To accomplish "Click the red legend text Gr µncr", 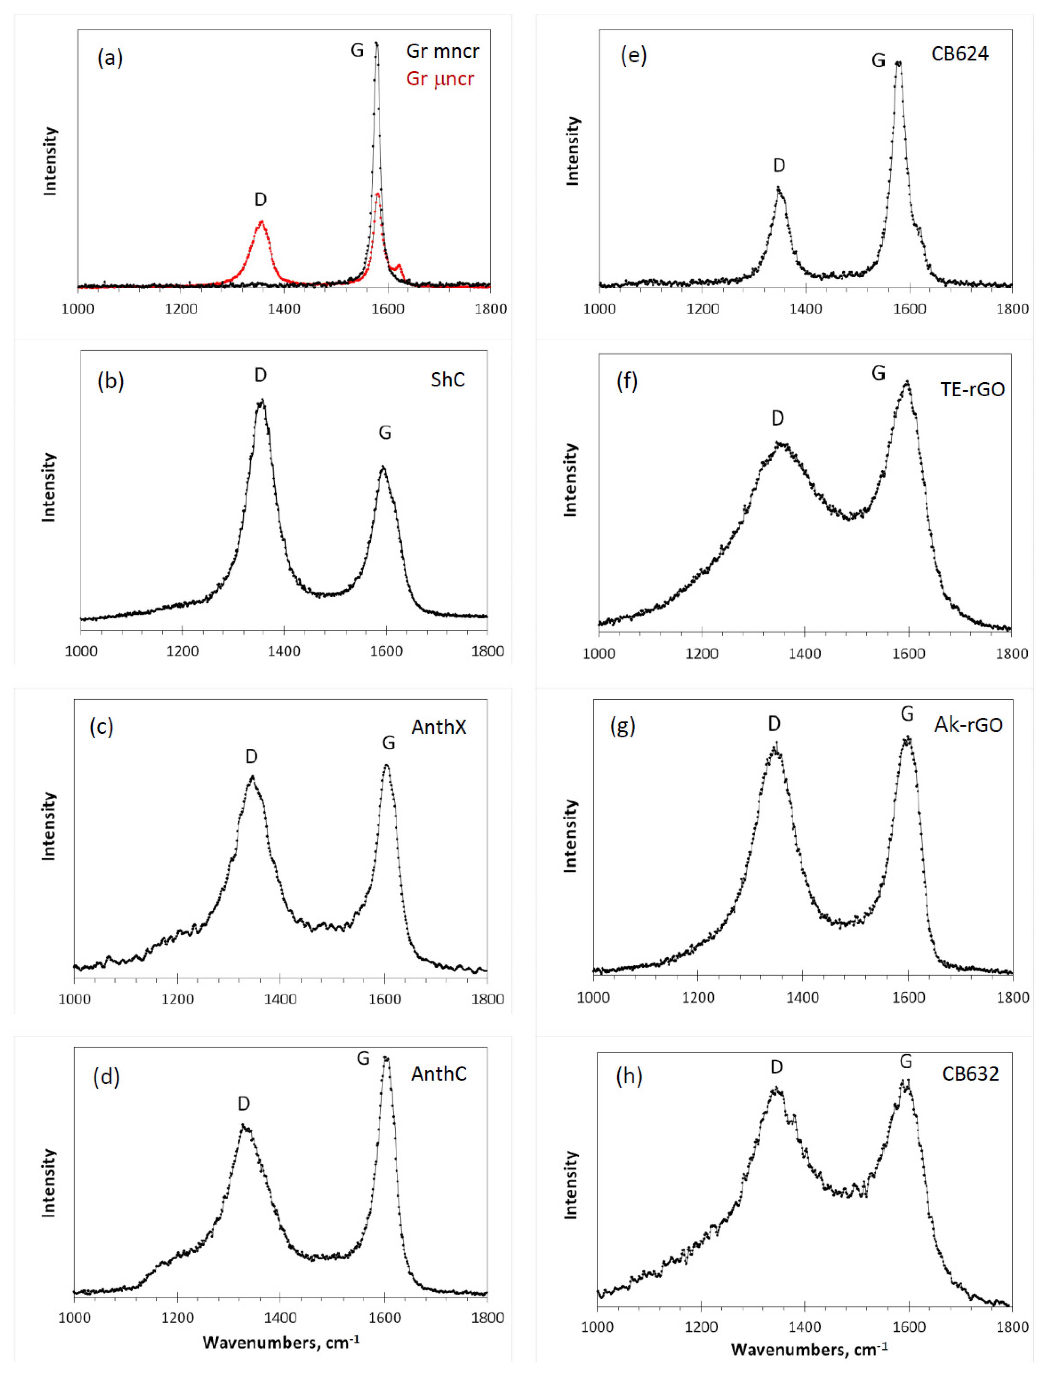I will [440, 79].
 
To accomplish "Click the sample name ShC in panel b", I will [448, 380].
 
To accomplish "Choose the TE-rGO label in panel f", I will [972, 389].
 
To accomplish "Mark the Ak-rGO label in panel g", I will [968, 725].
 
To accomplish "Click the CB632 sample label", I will [970, 1074].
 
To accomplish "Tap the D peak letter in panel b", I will [260, 375].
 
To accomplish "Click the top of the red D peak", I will [262, 221].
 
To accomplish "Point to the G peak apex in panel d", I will [386, 1057].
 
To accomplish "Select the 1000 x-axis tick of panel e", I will [599, 309].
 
